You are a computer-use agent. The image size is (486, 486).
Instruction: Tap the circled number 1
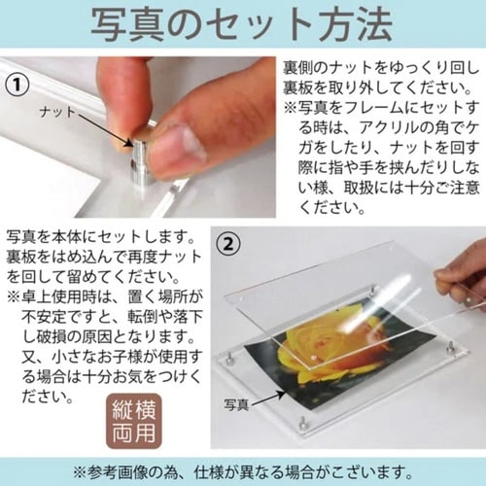pyautogui.click(x=17, y=84)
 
